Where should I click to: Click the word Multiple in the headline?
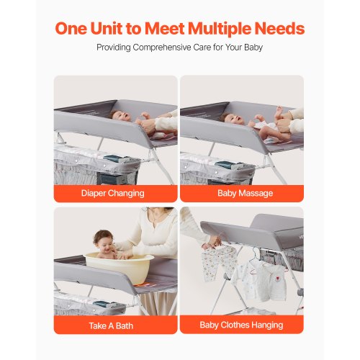pos(219,29)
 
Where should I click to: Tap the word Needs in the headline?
pos(279,28)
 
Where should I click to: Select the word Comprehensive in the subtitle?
pos(162,48)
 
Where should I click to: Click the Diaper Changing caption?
pos(113,193)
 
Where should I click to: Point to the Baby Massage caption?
pos(246,193)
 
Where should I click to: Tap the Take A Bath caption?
pos(111,325)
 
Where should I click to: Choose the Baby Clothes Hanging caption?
pos(241,325)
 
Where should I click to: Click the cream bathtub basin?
pos(120,266)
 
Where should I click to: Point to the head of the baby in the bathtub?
pos(103,240)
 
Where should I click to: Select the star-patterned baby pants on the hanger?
pos(216,262)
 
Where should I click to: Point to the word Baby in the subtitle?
pos(253,48)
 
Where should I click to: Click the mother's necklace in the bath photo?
pos(157,217)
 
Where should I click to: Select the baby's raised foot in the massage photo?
pos(279,110)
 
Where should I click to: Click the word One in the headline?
pos(71,28)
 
